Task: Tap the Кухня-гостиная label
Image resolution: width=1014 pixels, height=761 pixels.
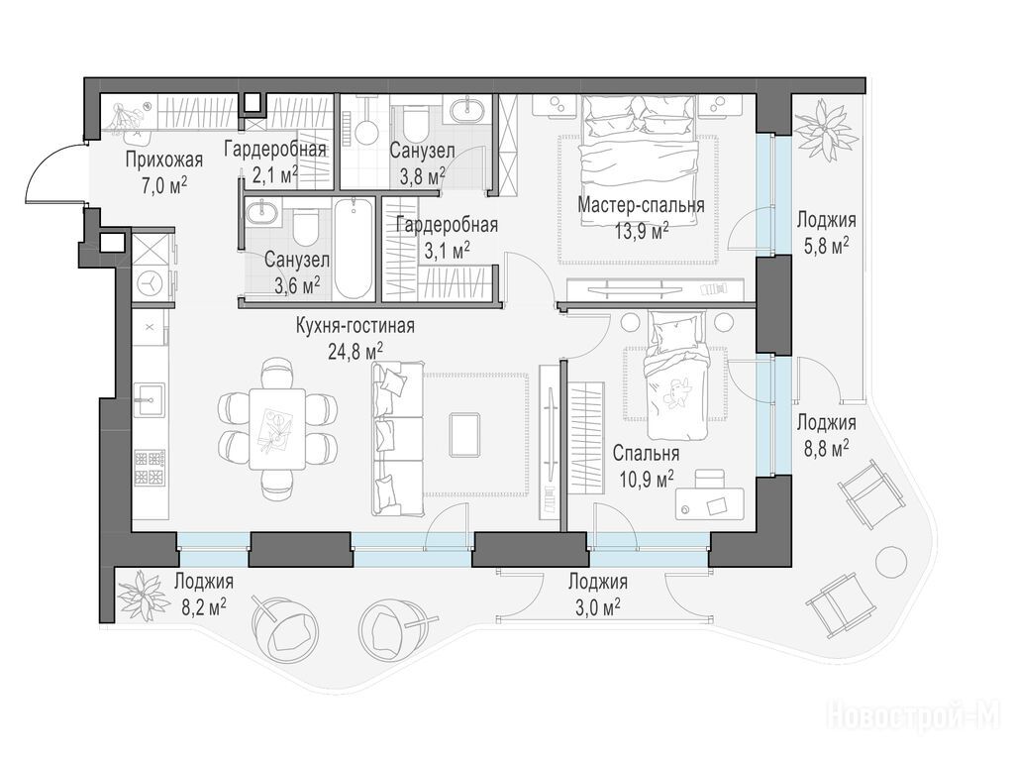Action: pos(355,325)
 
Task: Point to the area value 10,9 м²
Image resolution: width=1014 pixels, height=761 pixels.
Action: pos(643,479)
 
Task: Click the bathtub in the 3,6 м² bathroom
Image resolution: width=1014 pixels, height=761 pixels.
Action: pos(355,249)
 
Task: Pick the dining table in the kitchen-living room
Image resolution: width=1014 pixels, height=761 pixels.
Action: pos(277,429)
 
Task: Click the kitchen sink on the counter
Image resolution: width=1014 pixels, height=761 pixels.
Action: pos(151,399)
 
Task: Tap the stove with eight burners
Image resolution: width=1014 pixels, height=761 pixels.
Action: pos(151,468)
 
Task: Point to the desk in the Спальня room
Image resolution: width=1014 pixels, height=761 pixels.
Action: pos(709,502)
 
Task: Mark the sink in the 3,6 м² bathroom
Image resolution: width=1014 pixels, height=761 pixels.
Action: pos(262,212)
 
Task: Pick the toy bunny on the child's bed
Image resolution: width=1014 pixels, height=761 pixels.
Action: pos(678,392)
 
